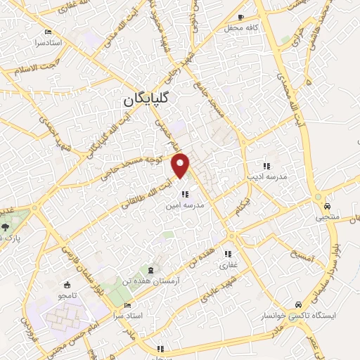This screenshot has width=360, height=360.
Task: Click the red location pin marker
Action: coord(181,165)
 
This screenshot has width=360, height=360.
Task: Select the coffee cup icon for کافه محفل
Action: coord(241,17)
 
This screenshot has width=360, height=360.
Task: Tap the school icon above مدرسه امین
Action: coord(184,194)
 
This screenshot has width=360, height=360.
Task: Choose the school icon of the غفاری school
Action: coord(228,254)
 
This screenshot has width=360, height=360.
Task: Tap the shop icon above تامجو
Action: coord(67,285)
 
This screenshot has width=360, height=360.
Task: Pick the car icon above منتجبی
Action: coord(328,206)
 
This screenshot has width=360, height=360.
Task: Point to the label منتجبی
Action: coord(328,217)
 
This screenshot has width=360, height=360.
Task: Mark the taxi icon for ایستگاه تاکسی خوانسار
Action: coord(299,304)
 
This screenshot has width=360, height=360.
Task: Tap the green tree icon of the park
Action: coord(6,226)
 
